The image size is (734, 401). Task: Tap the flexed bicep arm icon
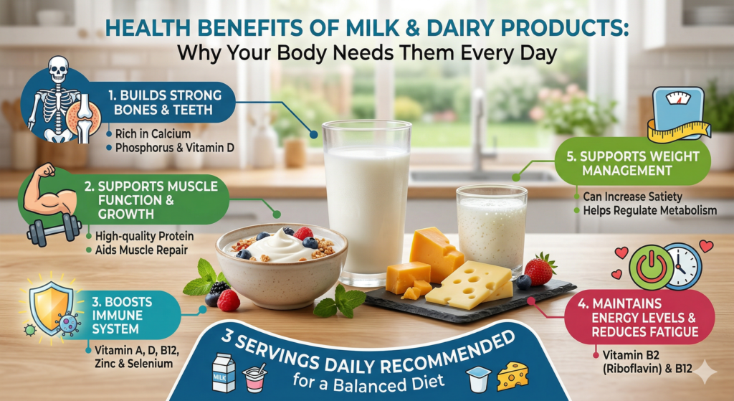point(49,189)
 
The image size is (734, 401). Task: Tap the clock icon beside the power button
point(682,266)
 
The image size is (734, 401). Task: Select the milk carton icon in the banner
point(224,373)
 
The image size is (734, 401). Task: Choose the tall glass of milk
point(367,202)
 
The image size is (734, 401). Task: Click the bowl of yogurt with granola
point(281,264)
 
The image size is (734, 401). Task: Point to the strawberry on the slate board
point(540,269)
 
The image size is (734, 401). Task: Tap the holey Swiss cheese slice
point(468,285)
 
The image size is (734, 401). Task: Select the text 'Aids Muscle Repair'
point(141,250)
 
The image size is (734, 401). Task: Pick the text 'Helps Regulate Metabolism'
point(649,210)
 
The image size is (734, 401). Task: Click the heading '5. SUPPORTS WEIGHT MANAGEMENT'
point(634,163)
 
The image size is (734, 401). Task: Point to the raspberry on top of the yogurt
point(303,233)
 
